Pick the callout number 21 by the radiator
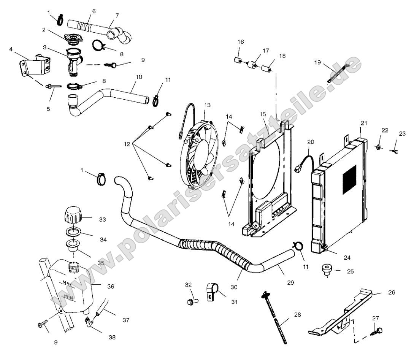(364, 123)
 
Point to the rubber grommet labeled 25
(327, 270)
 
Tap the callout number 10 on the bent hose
(138, 77)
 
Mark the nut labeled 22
(379, 146)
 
